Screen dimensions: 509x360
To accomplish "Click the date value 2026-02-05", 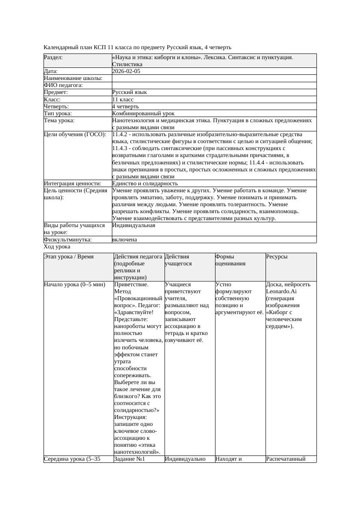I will click(126, 71).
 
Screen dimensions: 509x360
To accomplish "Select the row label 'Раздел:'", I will click(53, 57).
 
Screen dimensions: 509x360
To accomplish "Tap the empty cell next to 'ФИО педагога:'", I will click(214, 85).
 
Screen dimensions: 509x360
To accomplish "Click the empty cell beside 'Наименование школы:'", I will click(214, 78).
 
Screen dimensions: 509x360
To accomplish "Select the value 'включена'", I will click(124, 239).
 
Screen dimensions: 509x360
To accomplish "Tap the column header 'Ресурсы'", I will click(277, 257).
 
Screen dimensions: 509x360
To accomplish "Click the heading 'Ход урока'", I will click(57, 247).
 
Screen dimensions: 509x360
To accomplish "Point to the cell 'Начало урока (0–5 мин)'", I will click(74, 285).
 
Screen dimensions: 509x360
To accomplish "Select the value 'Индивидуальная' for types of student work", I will click(134, 225).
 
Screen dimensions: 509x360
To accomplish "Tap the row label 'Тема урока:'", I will click(59, 120).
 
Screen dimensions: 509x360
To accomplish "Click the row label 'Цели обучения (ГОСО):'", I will click(75, 134).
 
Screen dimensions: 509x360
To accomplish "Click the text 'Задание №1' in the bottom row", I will click(129, 459).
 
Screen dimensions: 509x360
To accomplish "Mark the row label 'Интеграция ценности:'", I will click(72, 184).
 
